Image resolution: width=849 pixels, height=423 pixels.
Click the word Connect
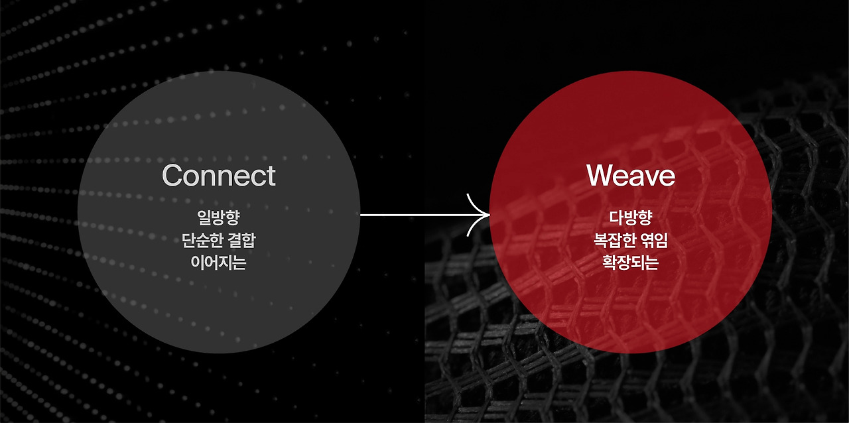point(218,176)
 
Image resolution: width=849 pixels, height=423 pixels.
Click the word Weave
point(630,176)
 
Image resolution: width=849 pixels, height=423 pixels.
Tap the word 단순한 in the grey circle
point(202,240)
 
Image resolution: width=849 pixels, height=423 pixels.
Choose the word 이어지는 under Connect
point(218,263)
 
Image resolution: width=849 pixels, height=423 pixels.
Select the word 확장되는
point(630,263)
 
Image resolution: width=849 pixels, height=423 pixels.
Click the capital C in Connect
point(172,176)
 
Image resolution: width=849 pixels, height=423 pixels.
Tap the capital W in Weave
point(600,176)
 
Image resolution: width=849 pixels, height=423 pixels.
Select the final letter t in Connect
point(270,176)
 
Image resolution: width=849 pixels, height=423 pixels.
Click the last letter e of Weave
point(666,177)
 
